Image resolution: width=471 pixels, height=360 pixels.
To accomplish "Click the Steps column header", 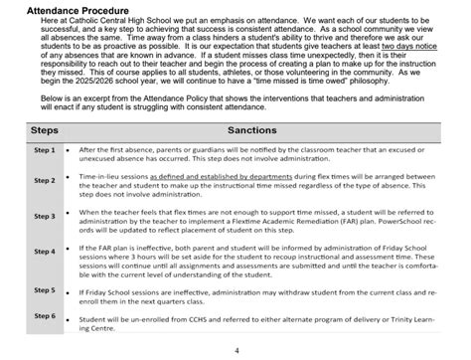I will click(x=29, y=130).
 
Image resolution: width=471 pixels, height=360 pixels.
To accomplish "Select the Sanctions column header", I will click(x=259, y=130).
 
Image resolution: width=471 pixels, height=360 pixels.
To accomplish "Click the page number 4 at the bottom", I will click(x=235, y=350).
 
